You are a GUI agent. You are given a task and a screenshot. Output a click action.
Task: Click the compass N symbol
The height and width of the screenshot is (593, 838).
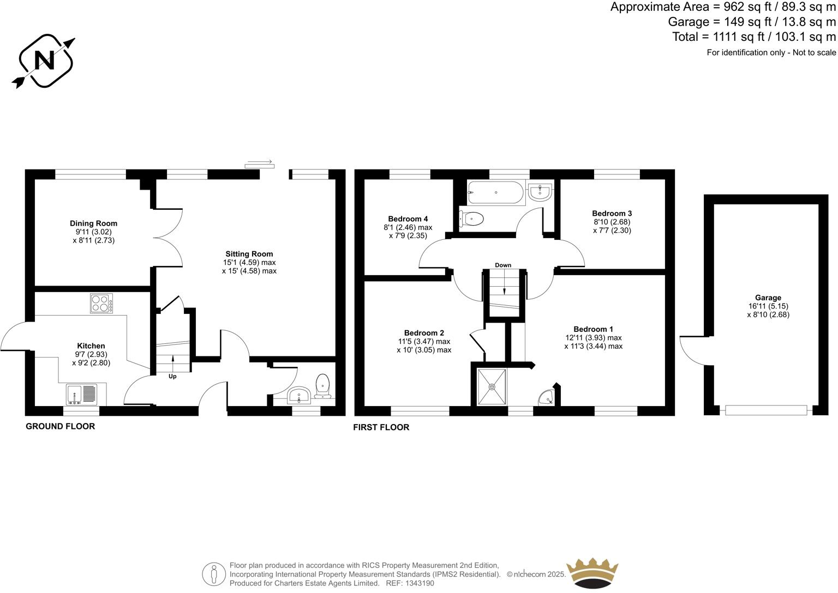[44, 60]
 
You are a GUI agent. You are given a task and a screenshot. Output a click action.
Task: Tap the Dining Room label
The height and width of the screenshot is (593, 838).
[93, 223]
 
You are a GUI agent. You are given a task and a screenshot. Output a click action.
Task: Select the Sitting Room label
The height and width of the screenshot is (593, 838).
[249, 254]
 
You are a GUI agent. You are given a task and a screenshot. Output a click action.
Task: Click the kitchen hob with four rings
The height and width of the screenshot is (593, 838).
[101, 304]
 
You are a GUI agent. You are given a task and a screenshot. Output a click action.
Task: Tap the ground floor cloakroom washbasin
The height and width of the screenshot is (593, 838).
[298, 395]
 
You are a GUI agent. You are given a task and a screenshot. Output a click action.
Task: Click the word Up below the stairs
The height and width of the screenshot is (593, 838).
[172, 376]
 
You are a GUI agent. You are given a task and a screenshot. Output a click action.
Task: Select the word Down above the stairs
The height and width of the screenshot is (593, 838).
[503, 265]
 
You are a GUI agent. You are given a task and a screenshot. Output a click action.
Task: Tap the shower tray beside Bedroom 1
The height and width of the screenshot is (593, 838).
[492, 387]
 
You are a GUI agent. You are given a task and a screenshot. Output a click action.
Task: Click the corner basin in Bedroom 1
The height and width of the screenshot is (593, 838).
[546, 398]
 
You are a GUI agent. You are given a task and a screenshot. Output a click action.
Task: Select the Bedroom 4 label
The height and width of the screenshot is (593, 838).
[408, 219]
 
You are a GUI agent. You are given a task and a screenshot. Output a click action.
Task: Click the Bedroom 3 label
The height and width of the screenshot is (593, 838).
[612, 213]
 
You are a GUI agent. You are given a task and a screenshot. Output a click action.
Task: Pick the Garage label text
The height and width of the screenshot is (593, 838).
[768, 298]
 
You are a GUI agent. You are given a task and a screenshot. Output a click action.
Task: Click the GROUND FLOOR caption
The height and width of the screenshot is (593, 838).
[60, 426]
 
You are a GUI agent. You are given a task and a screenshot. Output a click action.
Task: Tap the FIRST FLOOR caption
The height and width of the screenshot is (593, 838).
[381, 427]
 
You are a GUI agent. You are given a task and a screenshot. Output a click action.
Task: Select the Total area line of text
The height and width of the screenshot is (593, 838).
[754, 37]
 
